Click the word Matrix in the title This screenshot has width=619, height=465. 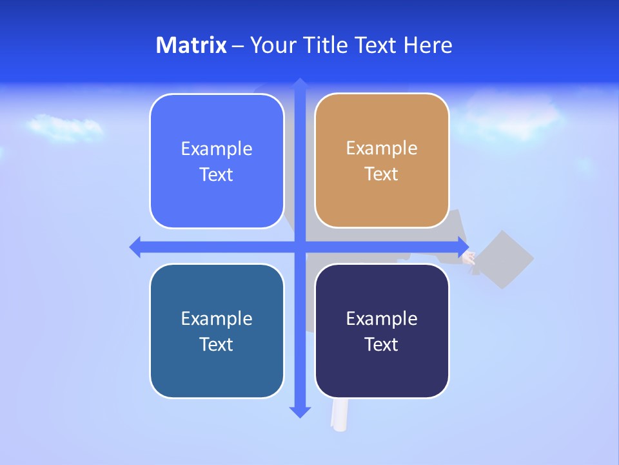coord(191,45)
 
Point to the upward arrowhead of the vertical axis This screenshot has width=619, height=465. coord(300,84)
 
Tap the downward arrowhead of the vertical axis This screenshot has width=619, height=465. coord(300,411)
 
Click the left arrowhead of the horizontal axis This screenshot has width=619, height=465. coord(136,247)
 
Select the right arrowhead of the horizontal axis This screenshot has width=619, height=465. coord(463,247)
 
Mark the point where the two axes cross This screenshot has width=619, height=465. coord(300,247)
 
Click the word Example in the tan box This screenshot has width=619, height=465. coord(382,149)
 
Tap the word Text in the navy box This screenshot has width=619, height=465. coord(382,344)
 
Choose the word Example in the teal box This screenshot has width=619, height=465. coord(217,318)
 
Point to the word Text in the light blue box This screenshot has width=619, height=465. coord(217,175)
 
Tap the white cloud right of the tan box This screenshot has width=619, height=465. coord(509,116)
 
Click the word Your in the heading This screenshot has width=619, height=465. coord(273,45)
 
